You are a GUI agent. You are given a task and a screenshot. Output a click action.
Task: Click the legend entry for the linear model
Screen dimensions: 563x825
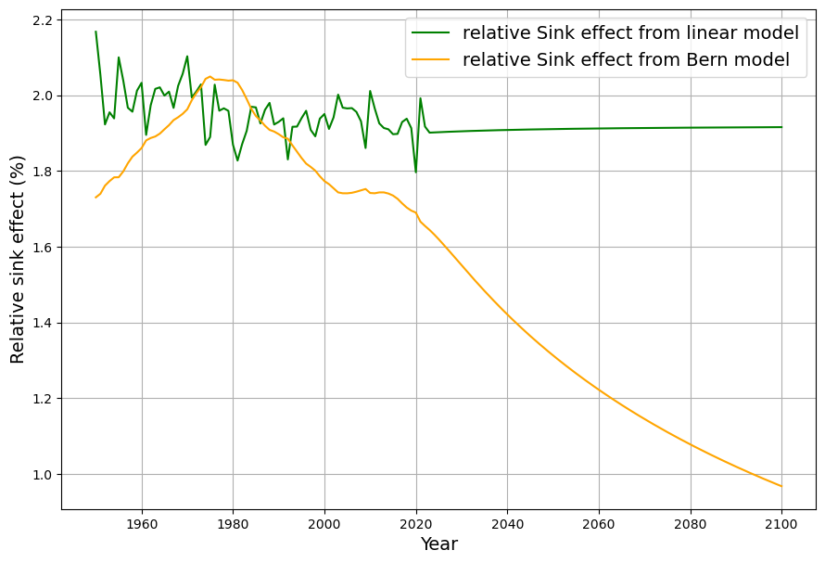tap(630, 33)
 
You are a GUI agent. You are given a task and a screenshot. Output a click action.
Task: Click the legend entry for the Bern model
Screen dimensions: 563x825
tap(626, 59)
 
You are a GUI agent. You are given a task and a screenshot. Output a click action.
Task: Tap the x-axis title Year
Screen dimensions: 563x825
tap(438, 544)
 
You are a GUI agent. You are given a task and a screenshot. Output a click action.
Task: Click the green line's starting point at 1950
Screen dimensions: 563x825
tap(95, 32)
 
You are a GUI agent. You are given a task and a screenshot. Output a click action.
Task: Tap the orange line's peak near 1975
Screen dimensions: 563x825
tap(210, 76)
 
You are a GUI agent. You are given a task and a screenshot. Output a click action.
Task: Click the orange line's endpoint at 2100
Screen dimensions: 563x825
tap(781, 486)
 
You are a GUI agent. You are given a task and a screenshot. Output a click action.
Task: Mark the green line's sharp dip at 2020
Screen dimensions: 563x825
tap(415, 172)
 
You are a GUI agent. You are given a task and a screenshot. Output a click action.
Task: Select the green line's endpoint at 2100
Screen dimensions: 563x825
tap(781, 127)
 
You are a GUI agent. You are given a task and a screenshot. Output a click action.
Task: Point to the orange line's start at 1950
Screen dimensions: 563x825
tap(95, 198)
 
